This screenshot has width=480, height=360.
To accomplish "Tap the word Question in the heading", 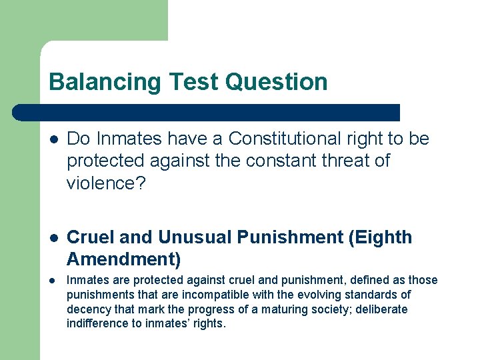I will [277, 82].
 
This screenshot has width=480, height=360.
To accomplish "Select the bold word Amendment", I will [120, 259].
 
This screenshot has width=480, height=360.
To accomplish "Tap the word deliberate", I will [383, 309].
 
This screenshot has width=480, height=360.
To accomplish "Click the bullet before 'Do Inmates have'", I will [54, 139].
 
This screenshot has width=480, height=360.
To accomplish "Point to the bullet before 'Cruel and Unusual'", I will [54, 238].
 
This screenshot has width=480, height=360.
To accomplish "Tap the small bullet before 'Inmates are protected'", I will [54, 280].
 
